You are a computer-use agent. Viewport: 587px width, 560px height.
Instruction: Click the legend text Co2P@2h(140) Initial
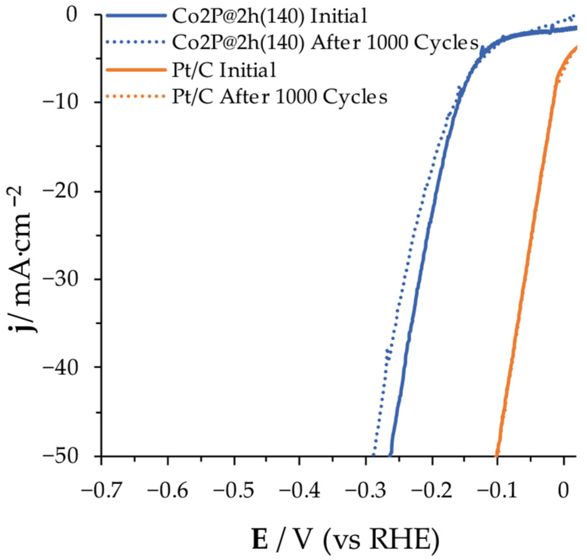tap(269, 16)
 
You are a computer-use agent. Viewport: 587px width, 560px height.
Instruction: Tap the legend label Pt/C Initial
tap(224, 70)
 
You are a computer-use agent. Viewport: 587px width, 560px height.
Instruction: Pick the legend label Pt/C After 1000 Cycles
tap(280, 97)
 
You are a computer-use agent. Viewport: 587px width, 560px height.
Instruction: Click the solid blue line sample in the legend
tap(136, 16)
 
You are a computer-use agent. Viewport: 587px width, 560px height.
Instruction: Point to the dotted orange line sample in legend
tap(136, 97)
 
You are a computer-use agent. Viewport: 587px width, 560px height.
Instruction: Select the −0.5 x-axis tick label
tap(233, 491)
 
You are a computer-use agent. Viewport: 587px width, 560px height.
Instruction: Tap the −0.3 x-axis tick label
tap(365, 491)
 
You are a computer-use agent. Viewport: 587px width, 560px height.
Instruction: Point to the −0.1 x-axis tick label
tap(497, 491)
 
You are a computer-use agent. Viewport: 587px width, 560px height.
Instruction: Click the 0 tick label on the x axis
tap(563, 491)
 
